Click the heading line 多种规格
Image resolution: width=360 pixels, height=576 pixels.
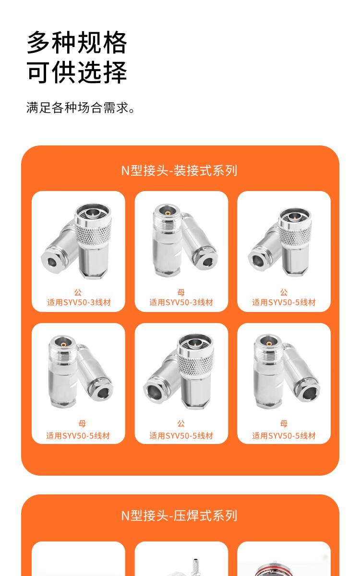click(77, 42)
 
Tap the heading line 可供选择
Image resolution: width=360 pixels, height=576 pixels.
click(77, 72)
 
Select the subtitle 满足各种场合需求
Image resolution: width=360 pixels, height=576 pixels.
click(80, 108)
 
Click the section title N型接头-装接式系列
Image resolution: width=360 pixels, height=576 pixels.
click(179, 170)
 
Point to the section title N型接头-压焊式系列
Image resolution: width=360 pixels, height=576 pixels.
click(179, 516)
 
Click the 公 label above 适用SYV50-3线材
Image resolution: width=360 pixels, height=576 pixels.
click(78, 292)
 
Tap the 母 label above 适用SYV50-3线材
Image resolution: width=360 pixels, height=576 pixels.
click(181, 292)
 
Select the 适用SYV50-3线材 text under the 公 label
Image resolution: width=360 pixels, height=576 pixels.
click(79, 302)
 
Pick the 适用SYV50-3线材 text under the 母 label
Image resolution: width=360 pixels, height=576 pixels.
click(181, 302)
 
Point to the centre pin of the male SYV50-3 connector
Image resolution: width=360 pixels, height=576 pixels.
click(92, 212)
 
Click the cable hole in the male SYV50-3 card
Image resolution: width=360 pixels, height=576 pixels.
click(52, 262)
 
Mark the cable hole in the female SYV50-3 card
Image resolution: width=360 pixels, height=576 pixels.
click(207, 262)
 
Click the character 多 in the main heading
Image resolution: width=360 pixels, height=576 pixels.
click(38, 42)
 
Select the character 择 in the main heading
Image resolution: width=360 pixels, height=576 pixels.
click(115, 72)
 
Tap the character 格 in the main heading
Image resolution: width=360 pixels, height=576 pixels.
click(115, 42)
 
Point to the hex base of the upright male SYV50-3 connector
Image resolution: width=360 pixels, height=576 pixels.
click(93, 274)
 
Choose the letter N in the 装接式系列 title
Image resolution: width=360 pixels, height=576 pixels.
click(125, 171)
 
